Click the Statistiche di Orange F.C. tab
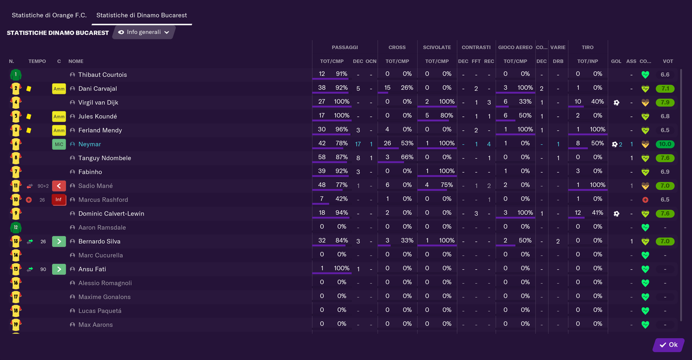pos(49,15)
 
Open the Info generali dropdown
pos(144,32)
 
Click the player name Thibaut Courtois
pos(102,75)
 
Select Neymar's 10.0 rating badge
pos(664,144)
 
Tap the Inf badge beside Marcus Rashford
pos(59,200)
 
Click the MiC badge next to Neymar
pos(59,144)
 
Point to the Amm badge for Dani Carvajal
pos(59,89)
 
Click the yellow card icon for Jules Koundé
pos(29,116)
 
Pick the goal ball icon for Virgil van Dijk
pos(616,103)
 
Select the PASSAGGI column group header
pos(344,48)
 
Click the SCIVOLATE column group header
pos(437,48)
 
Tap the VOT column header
pos(668,62)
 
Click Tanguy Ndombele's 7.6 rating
pos(664,158)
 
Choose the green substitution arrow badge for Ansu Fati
pos(59,269)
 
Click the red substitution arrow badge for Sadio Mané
pos(59,186)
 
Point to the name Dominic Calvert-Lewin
pos(111,214)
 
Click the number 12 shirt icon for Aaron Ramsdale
pos(16,228)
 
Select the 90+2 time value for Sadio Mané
pos(43,186)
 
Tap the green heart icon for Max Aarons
pos(645,325)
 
